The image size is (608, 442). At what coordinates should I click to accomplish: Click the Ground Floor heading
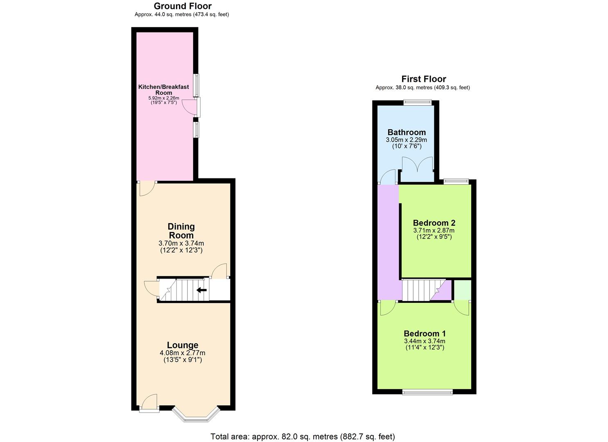[x=182, y=6]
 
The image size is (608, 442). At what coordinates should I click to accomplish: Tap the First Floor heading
[x=423, y=79]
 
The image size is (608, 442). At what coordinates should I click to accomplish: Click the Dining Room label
[x=181, y=231]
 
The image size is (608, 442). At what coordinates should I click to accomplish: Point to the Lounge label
[x=182, y=345]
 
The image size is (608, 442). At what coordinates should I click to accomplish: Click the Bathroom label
[x=406, y=132]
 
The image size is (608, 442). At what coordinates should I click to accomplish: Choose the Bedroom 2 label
[x=434, y=223]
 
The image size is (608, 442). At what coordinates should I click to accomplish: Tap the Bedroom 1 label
[x=425, y=334]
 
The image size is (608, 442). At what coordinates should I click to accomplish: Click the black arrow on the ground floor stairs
[x=201, y=290]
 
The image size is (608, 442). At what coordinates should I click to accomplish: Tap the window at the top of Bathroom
[x=417, y=102]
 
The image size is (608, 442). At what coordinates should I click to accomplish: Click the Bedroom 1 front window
[x=427, y=392]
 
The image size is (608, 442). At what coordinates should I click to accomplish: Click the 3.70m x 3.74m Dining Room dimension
[x=181, y=244]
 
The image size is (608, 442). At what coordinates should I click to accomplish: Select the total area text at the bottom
[x=303, y=437]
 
